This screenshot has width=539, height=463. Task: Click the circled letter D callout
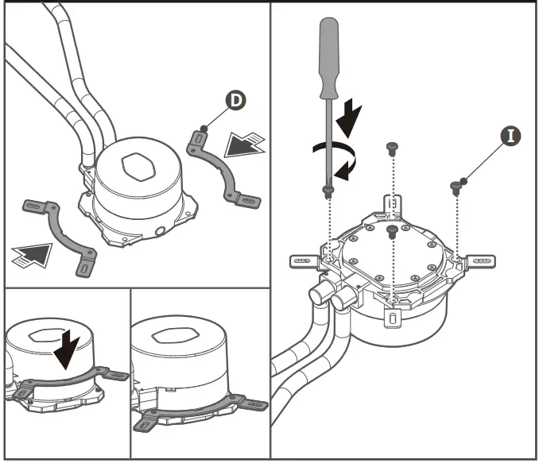(235, 100)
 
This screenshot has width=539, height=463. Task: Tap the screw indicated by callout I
(456, 187)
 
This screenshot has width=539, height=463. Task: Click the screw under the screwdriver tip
(328, 189)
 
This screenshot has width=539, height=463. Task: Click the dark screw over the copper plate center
(391, 230)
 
